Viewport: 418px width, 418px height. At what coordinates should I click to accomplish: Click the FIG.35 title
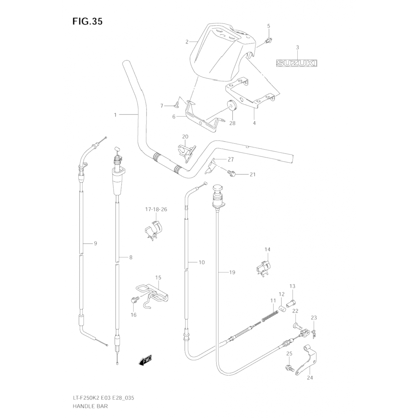pos(87,21)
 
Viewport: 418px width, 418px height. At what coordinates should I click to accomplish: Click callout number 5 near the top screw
pos(269,26)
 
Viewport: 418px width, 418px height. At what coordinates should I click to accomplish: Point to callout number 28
pos(232,123)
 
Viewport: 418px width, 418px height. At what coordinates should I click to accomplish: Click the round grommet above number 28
pos(232,106)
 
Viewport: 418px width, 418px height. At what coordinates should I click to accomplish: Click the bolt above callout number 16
pos(133,300)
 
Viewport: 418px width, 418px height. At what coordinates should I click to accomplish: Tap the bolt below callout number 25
pos(289,368)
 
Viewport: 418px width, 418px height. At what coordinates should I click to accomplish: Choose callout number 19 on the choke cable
pos(232,272)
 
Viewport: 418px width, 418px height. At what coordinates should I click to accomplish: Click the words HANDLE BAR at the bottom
pos(90,406)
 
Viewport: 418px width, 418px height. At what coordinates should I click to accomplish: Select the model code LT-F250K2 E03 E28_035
pos(103,398)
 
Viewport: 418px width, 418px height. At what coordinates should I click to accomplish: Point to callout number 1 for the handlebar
pos(115,115)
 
